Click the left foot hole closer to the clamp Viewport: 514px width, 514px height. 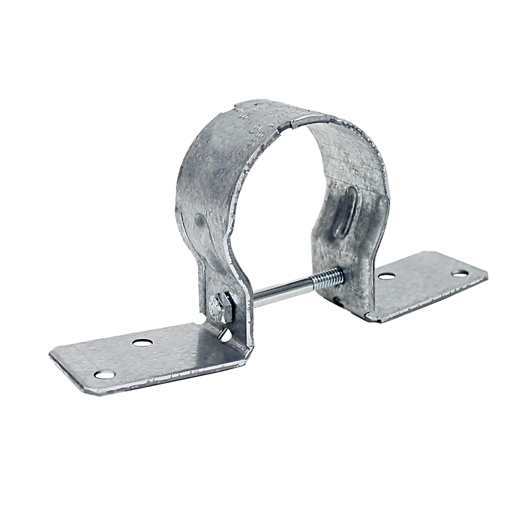pos(142,343)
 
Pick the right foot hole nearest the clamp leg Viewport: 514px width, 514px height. pos(385,276)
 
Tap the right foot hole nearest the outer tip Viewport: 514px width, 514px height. pos(459,274)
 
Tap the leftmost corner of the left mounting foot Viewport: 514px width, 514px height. pos(49,353)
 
